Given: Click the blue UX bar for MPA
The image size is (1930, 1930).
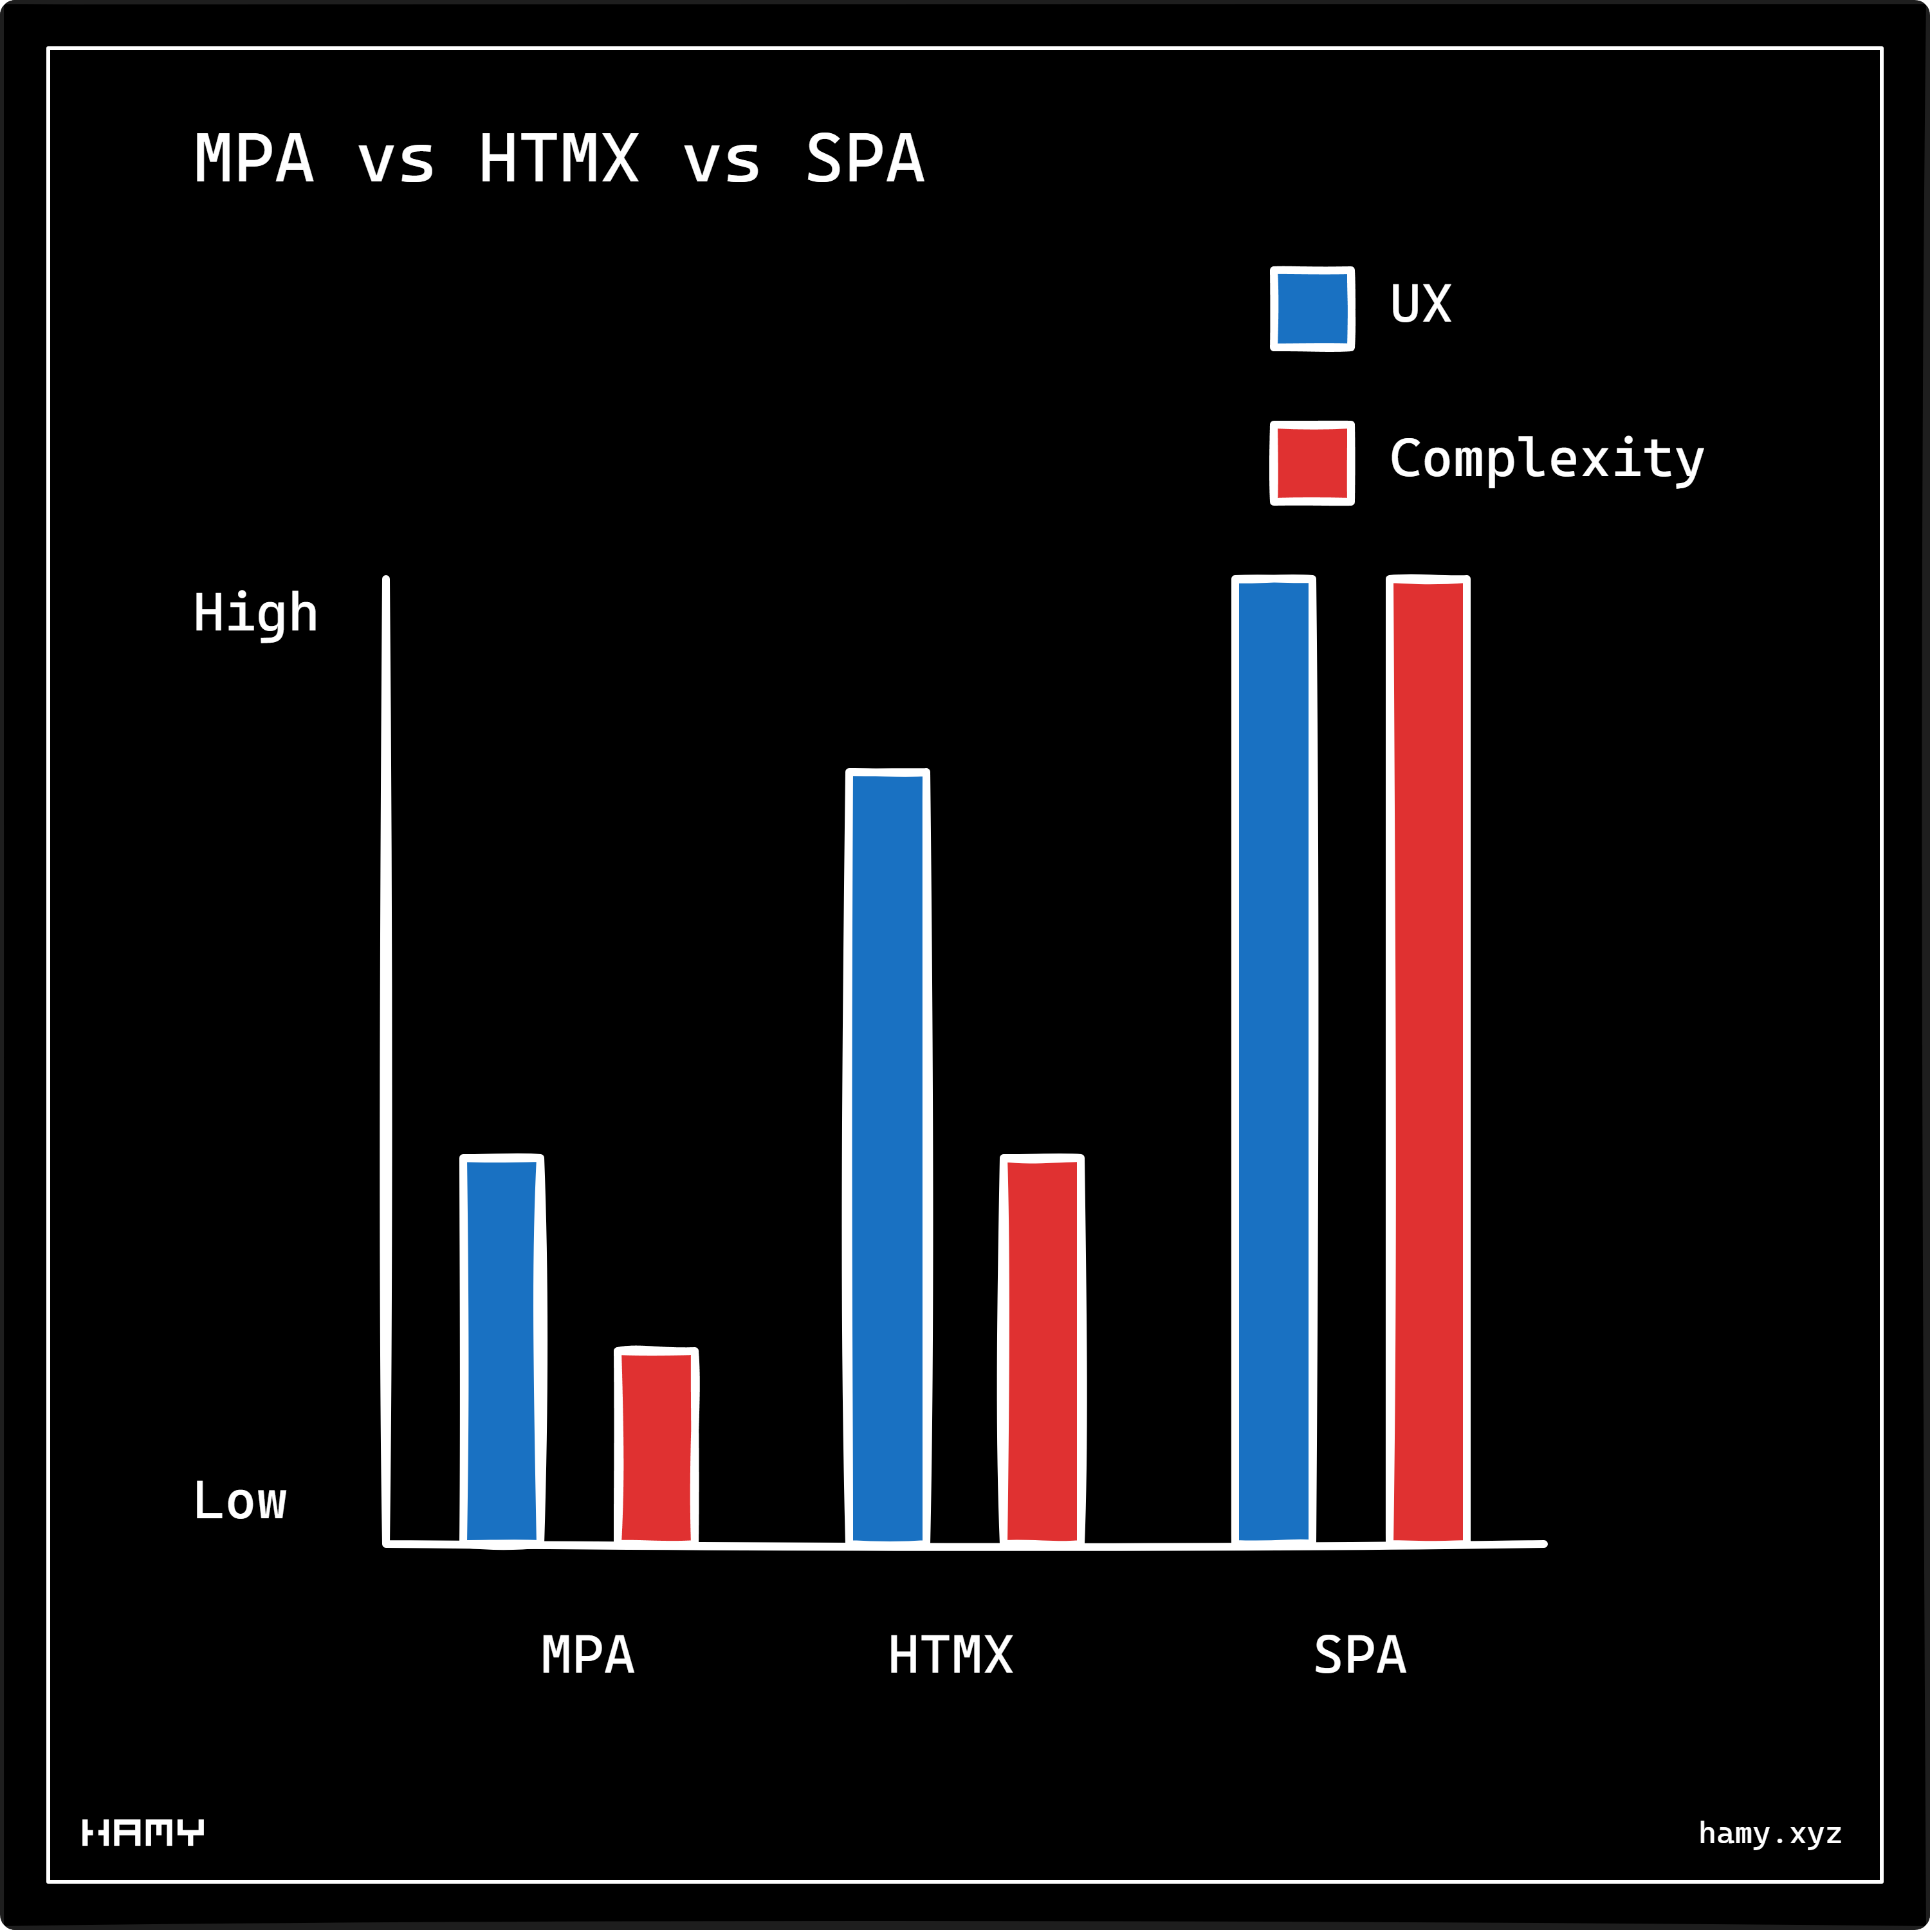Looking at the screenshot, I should [502, 1350].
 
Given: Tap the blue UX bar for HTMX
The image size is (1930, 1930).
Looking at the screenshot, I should [888, 1158].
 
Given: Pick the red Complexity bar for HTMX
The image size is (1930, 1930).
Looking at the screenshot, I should [1042, 1350].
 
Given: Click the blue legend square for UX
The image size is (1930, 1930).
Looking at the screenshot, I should [1312, 309].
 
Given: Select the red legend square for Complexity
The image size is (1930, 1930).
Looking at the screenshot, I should [1312, 463].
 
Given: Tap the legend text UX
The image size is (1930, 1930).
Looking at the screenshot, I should [1420, 304].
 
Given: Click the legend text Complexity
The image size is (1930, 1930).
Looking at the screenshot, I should [1547, 459].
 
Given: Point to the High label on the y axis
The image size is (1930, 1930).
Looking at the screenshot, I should [256, 613].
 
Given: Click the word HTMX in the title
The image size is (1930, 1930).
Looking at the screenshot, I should [558, 159].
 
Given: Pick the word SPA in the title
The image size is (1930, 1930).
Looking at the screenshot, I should [865, 159].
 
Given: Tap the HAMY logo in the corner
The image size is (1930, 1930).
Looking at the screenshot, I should [143, 1832].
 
